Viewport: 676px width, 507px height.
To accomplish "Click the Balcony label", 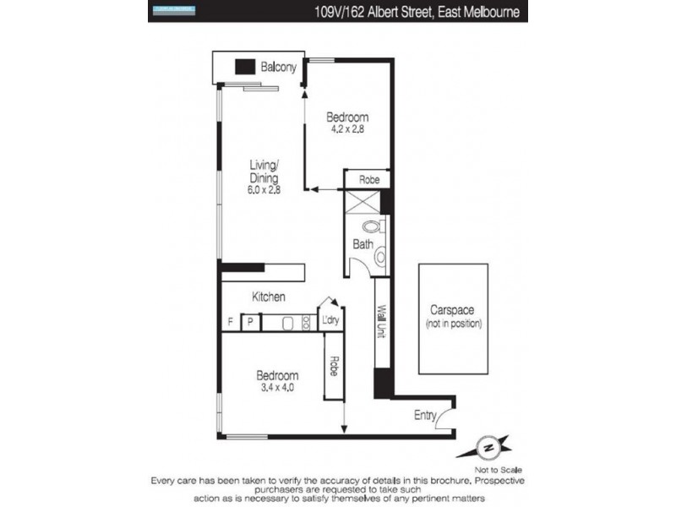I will click(x=278, y=68).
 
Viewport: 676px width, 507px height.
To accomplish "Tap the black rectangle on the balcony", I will click(x=245, y=68).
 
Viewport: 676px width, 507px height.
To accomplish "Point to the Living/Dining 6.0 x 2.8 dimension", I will click(x=264, y=190).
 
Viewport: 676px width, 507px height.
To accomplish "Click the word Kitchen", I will click(x=269, y=297).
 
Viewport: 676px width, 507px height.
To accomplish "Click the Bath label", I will click(x=363, y=245).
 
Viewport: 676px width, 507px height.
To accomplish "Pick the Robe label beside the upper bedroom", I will click(x=368, y=180).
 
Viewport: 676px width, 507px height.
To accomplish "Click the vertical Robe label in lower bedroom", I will click(x=334, y=367).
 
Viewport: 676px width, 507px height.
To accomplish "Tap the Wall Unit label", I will click(x=381, y=321).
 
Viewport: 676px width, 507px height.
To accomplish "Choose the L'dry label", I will click(x=330, y=321).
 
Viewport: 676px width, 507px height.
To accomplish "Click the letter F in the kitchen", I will click(x=230, y=322).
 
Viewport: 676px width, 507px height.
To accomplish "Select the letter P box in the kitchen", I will click(x=250, y=322).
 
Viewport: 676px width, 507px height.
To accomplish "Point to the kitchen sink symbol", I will click(x=286, y=322).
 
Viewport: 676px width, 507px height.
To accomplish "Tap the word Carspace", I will click(x=453, y=309).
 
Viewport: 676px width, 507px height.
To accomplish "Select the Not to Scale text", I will click(x=499, y=469).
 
